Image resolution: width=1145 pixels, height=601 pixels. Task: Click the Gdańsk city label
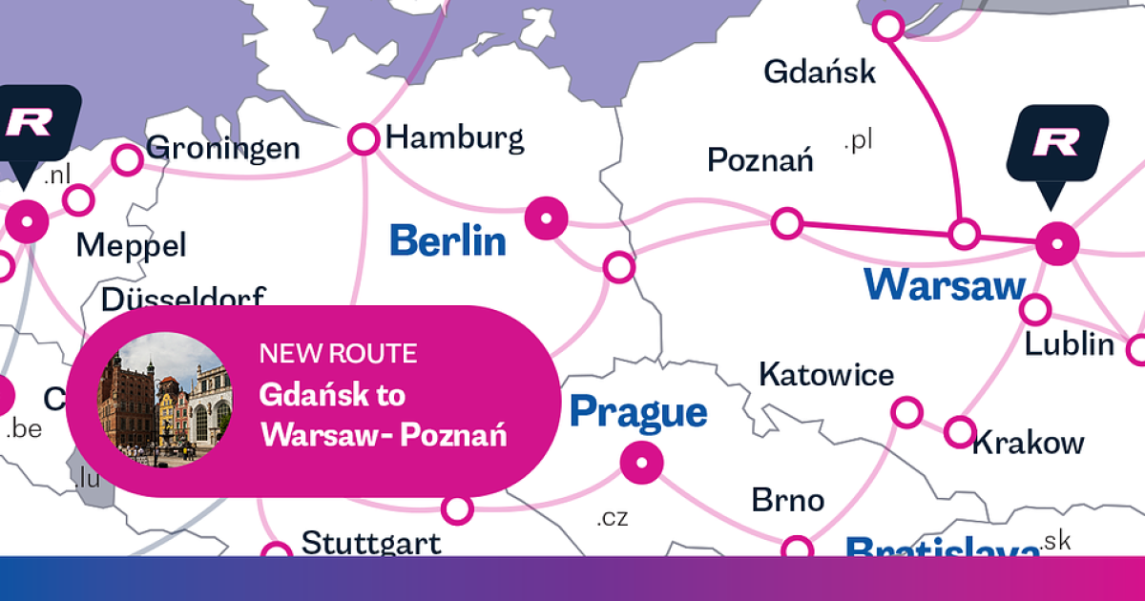(x=820, y=72)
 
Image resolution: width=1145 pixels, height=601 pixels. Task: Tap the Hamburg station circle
(x=364, y=139)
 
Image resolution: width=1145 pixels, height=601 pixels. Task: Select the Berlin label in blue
(x=448, y=239)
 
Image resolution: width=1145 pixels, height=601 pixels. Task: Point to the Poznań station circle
(x=787, y=223)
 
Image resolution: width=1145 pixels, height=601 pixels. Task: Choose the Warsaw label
(x=945, y=284)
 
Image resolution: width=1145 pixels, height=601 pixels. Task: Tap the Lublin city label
(x=1070, y=344)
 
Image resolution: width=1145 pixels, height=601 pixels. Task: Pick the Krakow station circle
(x=960, y=431)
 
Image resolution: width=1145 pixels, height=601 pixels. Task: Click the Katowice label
(x=826, y=375)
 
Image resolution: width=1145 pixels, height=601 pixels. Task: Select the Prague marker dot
(x=641, y=464)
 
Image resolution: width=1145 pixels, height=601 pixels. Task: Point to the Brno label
(x=787, y=500)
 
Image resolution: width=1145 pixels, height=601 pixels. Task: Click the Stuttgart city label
(x=371, y=544)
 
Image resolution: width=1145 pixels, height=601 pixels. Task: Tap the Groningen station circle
(x=127, y=159)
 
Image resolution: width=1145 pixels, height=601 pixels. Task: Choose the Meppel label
(x=132, y=246)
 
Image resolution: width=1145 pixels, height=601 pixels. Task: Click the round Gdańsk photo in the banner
(x=165, y=401)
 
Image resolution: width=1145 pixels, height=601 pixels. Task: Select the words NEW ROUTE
(x=338, y=354)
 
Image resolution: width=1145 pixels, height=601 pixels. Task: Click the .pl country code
(x=859, y=141)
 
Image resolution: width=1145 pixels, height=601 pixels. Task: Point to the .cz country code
(x=613, y=519)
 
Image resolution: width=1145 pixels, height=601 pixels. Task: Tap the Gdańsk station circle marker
(x=888, y=26)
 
